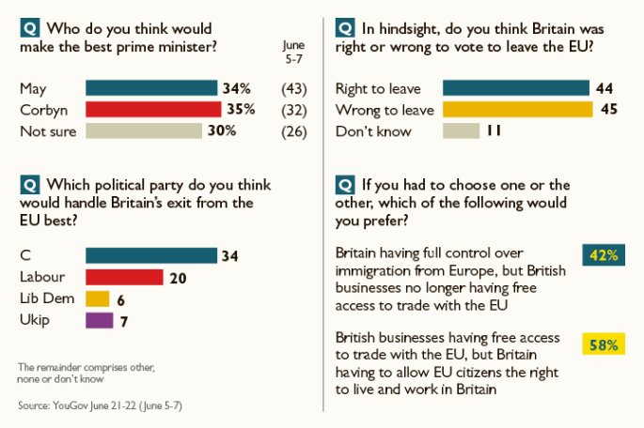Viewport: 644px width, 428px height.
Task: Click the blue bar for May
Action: coord(150,89)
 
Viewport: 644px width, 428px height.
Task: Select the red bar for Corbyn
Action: coord(152,110)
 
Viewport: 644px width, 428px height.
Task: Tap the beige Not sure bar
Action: coord(143,131)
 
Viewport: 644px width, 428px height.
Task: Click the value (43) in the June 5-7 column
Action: coord(294,89)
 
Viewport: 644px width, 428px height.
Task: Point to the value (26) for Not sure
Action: coord(294,131)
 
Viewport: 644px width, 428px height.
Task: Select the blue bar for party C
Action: coord(150,255)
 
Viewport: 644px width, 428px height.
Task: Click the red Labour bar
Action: coord(124,277)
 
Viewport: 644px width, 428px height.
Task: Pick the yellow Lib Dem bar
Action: coord(97,298)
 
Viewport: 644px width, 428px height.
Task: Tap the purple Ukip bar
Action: coord(99,320)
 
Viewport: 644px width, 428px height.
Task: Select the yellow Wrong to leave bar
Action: coord(518,110)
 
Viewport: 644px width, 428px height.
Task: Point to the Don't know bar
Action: coord(462,131)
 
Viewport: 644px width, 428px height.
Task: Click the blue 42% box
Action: coord(604,255)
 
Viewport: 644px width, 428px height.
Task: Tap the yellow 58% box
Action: coord(604,345)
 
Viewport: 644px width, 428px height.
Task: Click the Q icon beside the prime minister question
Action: coord(28,28)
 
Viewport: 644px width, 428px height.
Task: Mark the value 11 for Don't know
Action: coord(494,131)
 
